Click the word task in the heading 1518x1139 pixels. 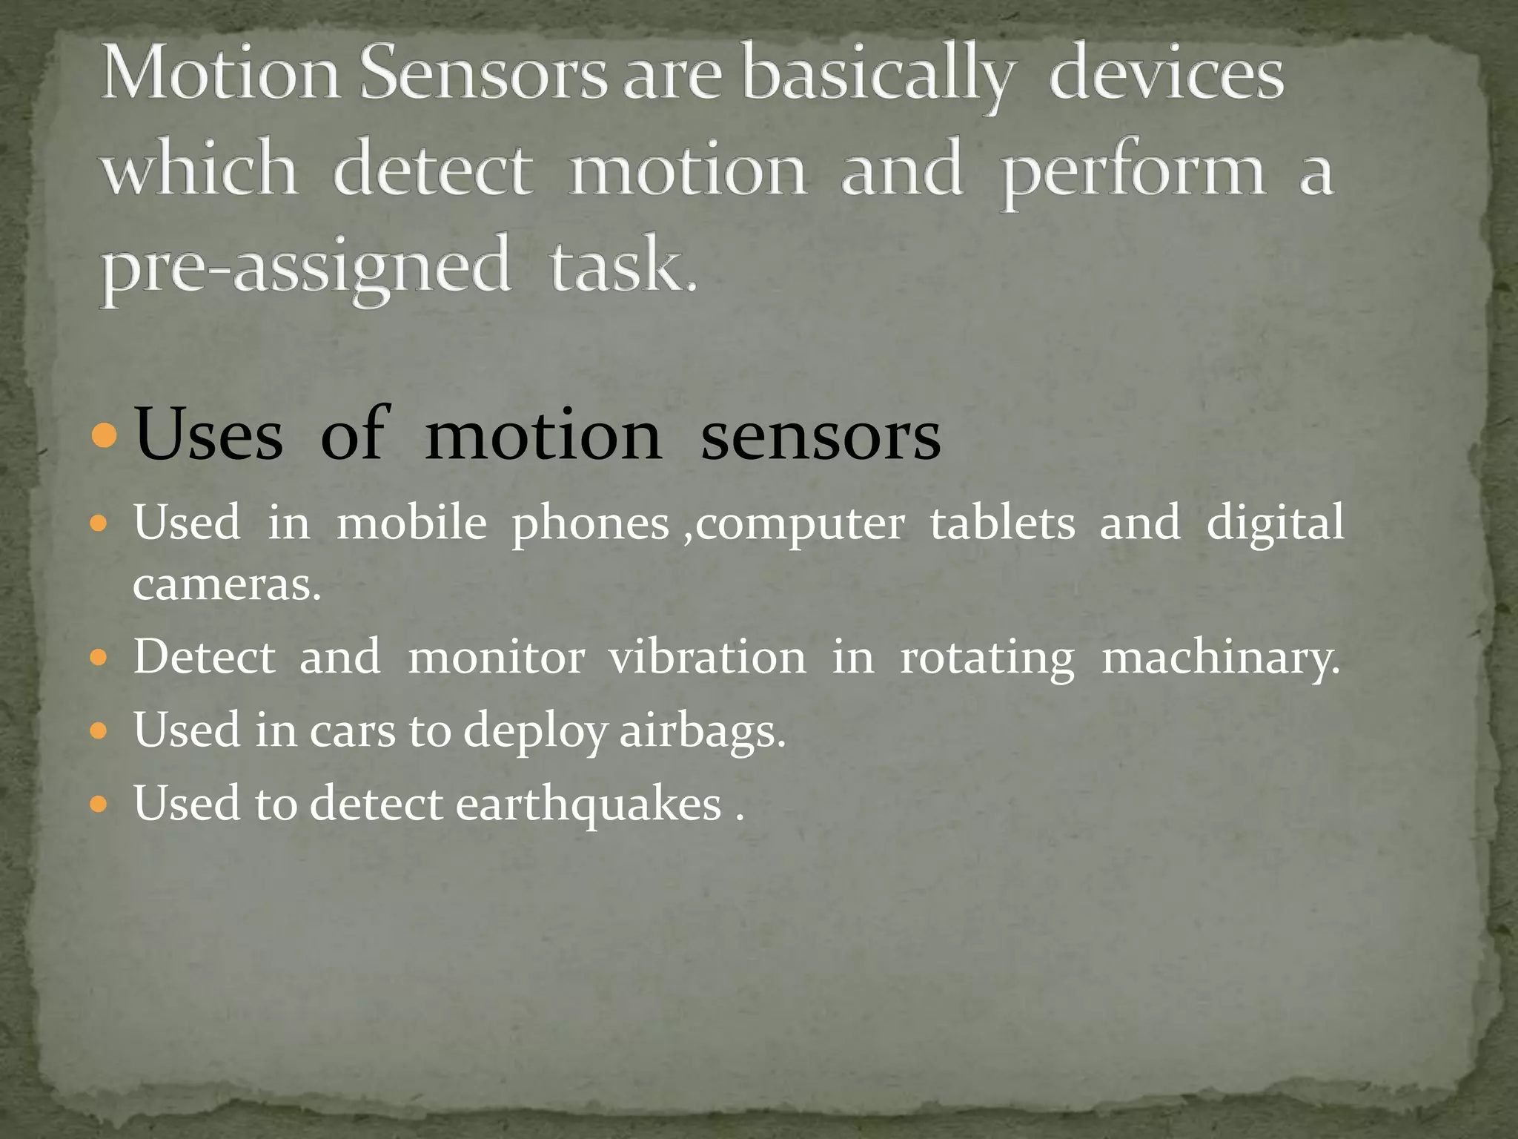tap(622, 266)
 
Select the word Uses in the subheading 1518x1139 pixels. tap(209, 436)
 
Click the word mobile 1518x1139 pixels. tap(411, 523)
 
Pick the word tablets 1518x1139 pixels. tap(1002, 523)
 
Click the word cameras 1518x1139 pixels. tap(226, 585)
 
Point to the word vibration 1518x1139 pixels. tap(707, 658)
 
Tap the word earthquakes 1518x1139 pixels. tap(589, 805)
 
